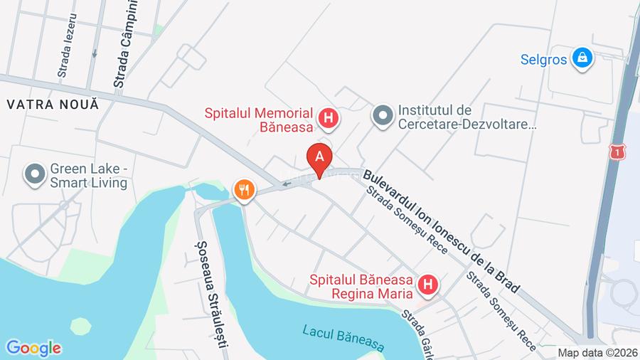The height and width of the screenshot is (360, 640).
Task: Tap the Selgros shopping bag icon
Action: coord(582,58)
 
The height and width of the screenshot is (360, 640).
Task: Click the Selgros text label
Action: coord(543,59)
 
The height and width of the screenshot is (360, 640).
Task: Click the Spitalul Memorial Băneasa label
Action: coord(260,120)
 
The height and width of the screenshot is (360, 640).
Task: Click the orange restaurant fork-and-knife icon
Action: coord(244,190)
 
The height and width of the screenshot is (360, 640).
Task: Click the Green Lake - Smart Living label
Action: coord(88,176)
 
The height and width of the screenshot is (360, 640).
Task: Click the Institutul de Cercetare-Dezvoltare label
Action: coord(466,117)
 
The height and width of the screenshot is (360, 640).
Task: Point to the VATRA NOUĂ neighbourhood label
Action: coord(52,104)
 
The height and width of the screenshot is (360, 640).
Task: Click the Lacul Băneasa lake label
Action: coord(343,338)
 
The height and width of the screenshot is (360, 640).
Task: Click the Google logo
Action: coord(33,348)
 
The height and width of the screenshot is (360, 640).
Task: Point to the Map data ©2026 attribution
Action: coord(597,353)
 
